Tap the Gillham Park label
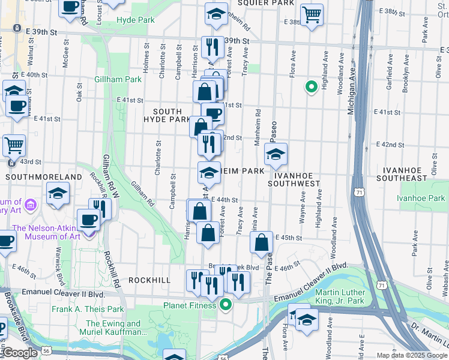click(118, 79)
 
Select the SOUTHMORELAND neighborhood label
click(43, 177)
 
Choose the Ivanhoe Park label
click(423, 198)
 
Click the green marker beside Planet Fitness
click(226, 305)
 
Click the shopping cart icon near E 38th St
click(311, 14)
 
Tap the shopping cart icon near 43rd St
click(14, 145)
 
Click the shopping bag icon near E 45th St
click(262, 242)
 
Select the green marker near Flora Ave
click(311, 88)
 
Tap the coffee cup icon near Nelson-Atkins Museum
click(89, 220)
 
